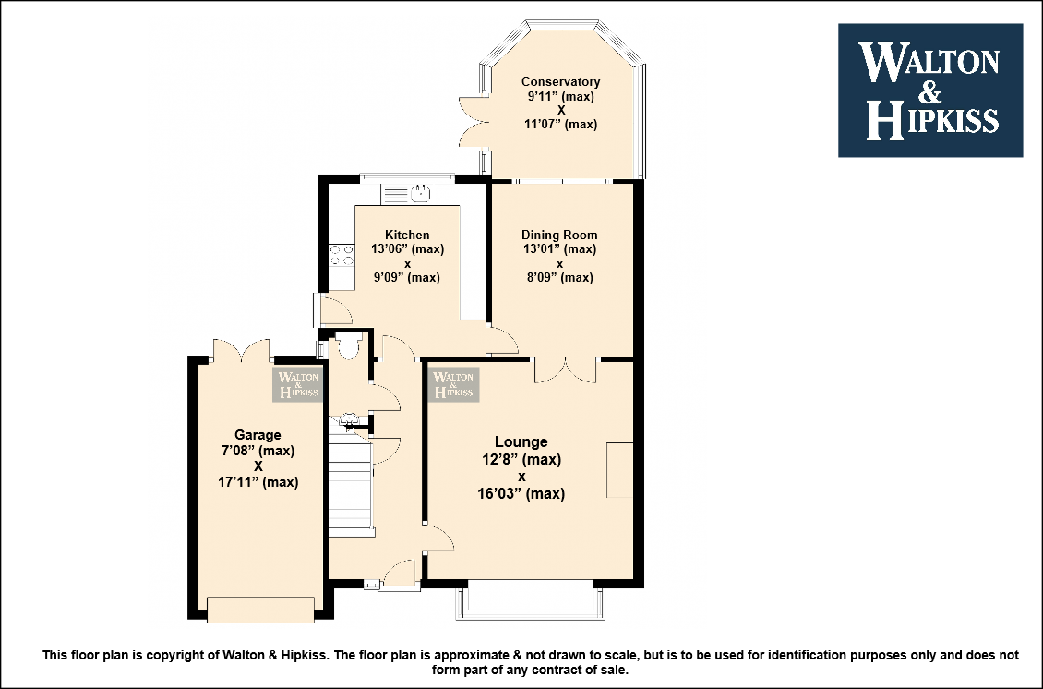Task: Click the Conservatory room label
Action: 561,82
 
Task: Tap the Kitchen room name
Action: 407,235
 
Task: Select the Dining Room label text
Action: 559,235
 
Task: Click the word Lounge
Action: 521,442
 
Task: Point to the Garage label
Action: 258,435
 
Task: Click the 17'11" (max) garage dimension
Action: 258,482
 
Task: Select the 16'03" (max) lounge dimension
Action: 521,494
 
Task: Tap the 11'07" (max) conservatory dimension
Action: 561,125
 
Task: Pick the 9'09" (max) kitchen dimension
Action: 406,278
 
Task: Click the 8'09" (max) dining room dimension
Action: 560,278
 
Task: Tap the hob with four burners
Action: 342,255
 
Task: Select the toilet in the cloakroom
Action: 348,346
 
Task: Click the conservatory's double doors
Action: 471,121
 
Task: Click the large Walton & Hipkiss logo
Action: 929,91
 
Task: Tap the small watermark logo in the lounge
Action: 453,384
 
